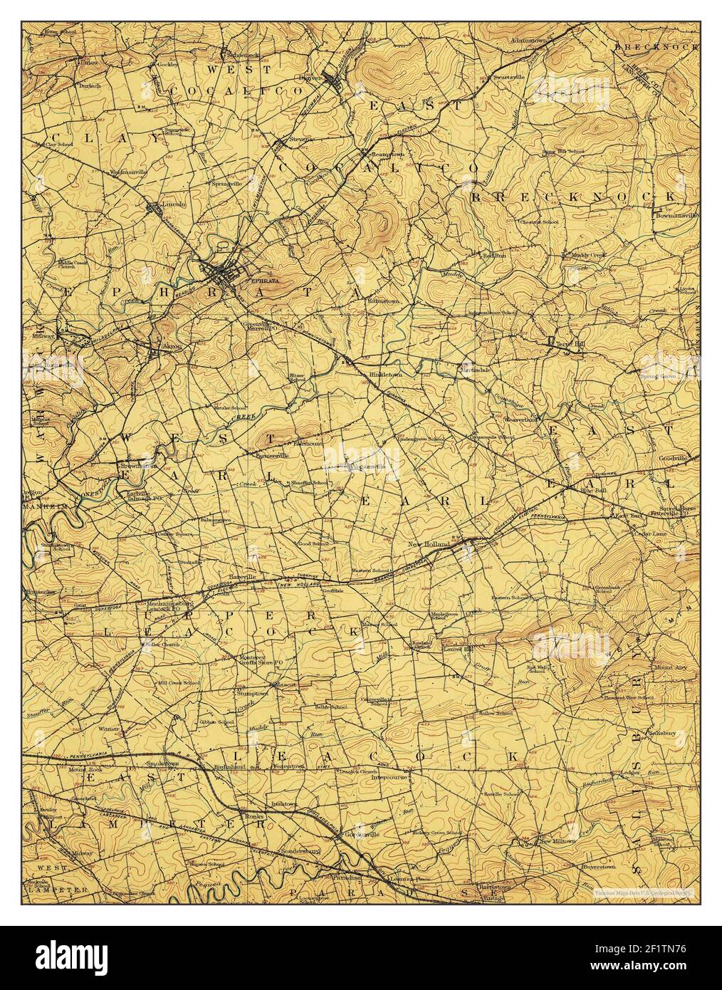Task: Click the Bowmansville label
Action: tap(677, 214)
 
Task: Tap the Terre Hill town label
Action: tap(570, 344)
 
